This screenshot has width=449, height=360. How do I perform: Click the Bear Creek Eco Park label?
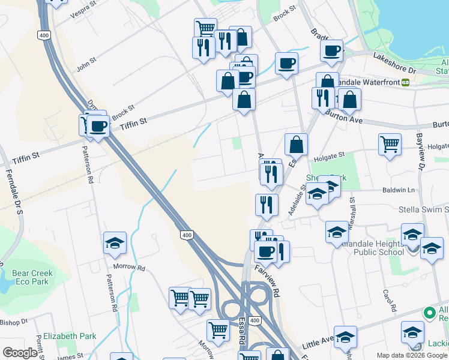coord(32,277)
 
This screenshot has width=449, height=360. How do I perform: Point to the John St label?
coord(86,62)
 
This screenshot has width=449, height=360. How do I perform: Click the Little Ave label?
coord(318,343)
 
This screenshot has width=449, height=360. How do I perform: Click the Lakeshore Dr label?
coord(394,62)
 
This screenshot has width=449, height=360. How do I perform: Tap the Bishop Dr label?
coord(14,322)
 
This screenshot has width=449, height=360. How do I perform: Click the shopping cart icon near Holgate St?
coord(390,144)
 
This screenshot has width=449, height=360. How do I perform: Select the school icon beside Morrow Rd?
coord(115,243)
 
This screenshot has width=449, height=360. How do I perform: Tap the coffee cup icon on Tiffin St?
coord(98,126)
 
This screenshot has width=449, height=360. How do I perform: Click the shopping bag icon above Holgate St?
coord(296,144)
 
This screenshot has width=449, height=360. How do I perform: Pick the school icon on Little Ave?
coord(345,337)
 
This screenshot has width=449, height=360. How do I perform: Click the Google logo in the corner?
coord(20,353)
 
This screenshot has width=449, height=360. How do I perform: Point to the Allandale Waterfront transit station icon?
coord(405,82)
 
